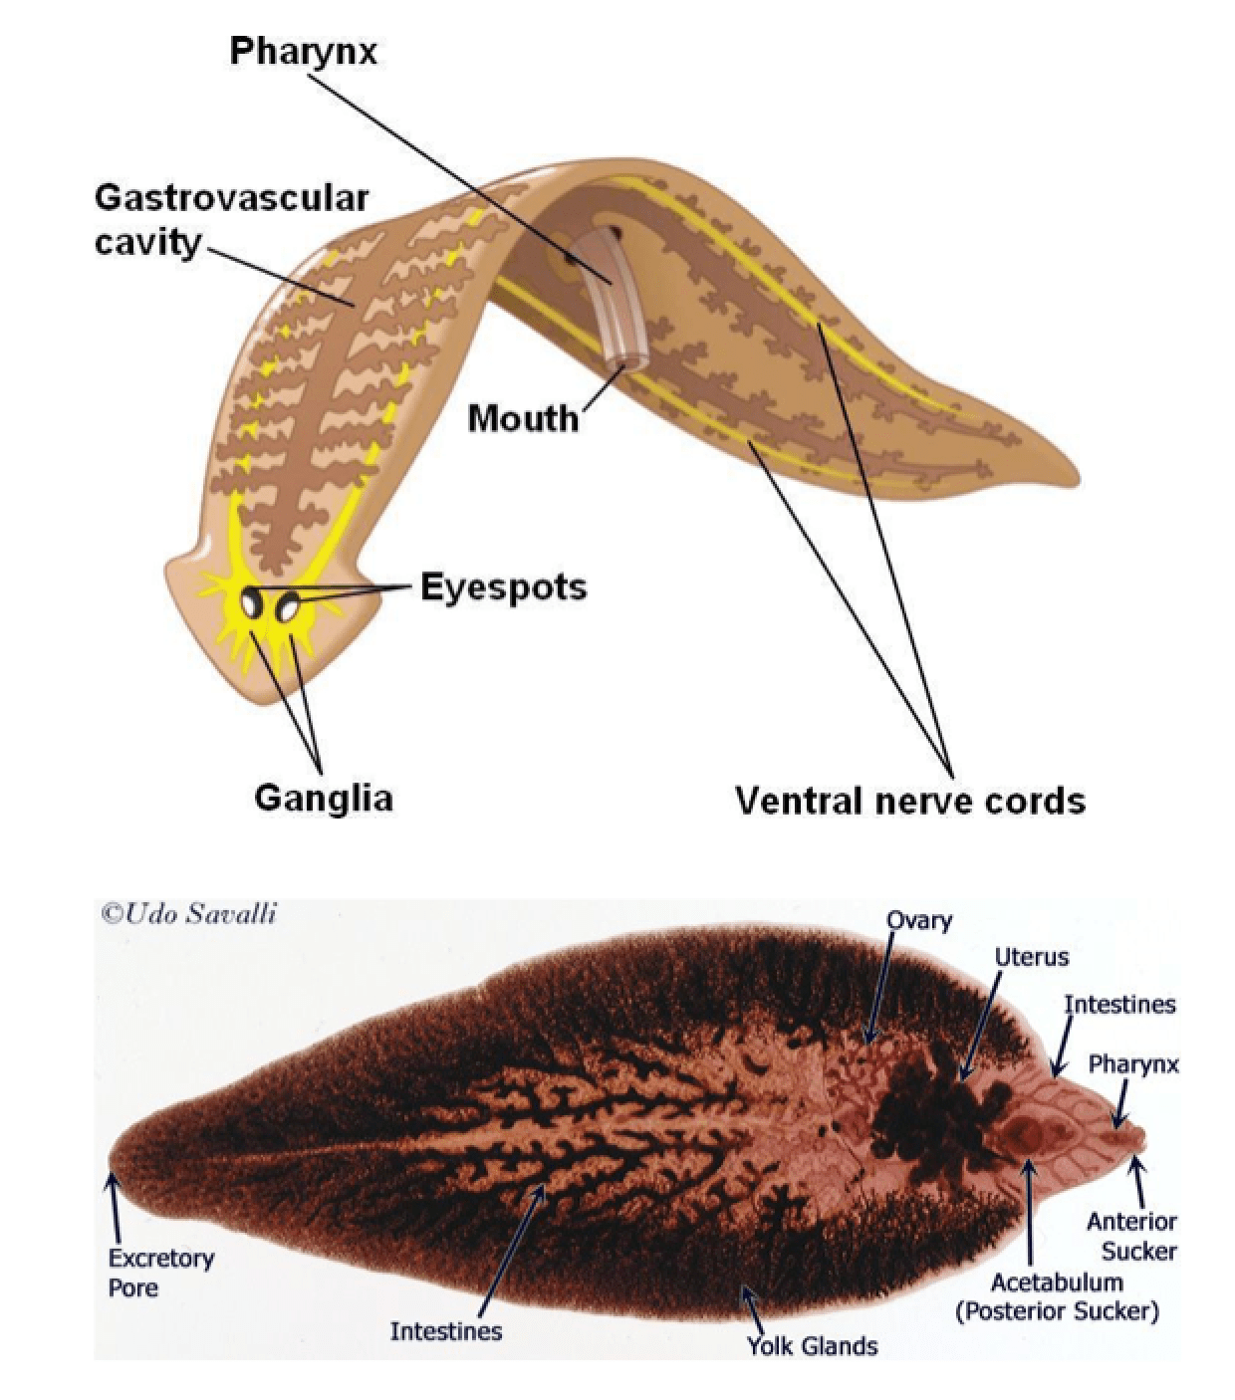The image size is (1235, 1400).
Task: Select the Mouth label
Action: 523,418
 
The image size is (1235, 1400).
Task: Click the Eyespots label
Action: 503,587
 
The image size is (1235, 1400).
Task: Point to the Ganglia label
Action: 323,798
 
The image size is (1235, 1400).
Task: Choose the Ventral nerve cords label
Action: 909,800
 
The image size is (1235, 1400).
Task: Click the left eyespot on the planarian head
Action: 253,601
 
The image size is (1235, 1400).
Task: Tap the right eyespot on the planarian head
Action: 289,606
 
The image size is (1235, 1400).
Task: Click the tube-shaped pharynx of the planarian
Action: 618,299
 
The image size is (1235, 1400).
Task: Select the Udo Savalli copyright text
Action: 188,913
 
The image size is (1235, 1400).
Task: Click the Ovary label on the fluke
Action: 918,921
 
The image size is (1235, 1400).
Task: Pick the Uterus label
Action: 1031,957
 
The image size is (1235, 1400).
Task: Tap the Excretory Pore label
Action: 160,1273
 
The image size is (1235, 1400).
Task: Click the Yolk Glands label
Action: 813,1346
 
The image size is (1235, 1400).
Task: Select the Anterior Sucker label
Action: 1131,1236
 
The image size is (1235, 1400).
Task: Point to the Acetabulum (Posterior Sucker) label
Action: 1057,1296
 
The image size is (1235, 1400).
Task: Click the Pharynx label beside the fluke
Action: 1132,1064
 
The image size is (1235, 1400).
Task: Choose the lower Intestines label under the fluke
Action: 445,1330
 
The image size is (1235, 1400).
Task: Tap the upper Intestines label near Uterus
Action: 1118,1004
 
